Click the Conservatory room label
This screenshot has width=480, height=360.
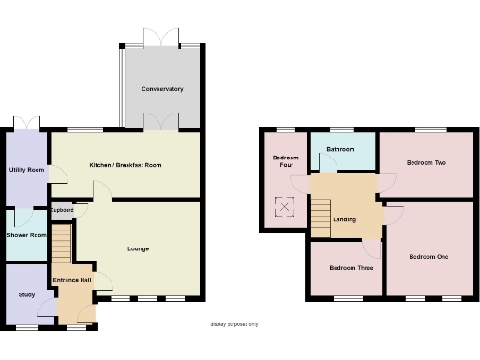click(x=162, y=89)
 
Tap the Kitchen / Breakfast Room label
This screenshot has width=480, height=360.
click(x=126, y=165)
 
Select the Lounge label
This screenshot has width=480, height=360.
click(x=139, y=248)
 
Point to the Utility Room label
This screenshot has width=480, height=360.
click(x=25, y=170)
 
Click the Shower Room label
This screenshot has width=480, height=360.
click(x=25, y=234)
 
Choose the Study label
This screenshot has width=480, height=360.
click(x=25, y=295)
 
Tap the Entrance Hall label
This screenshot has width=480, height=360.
click(x=72, y=280)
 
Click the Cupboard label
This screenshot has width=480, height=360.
click(x=63, y=210)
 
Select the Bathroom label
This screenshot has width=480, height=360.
click(x=340, y=149)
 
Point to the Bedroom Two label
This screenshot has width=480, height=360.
click(x=426, y=163)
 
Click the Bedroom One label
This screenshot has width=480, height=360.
click(x=428, y=257)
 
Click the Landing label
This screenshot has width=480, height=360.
click(x=345, y=220)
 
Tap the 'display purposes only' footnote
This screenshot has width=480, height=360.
click(x=233, y=324)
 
